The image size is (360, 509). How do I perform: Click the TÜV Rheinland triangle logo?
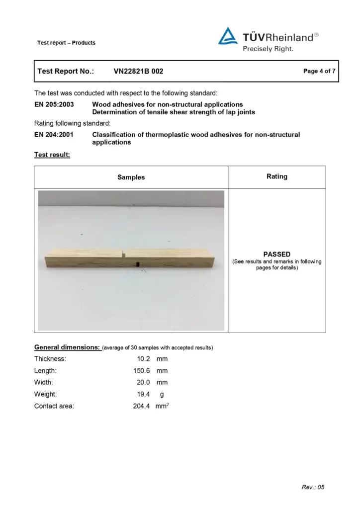(x=228, y=37)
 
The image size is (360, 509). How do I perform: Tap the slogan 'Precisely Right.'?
(x=268, y=49)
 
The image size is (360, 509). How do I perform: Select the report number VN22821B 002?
(x=138, y=71)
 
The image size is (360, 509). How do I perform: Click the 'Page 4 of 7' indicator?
(x=319, y=71)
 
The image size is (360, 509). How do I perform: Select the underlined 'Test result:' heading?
(x=52, y=155)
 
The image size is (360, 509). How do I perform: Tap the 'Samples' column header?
(x=131, y=177)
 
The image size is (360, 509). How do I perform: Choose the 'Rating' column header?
(x=277, y=176)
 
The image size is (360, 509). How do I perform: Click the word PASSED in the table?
(x=277, y=254)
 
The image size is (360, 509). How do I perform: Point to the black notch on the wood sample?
(x=137, y=264)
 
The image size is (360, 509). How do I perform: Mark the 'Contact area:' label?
(x=54, y=406)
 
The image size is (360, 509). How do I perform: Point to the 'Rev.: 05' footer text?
(x=313, y=487)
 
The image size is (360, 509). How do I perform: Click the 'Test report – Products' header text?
(x=66, y=43)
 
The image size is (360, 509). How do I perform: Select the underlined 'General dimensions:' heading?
(x=67, y=346)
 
